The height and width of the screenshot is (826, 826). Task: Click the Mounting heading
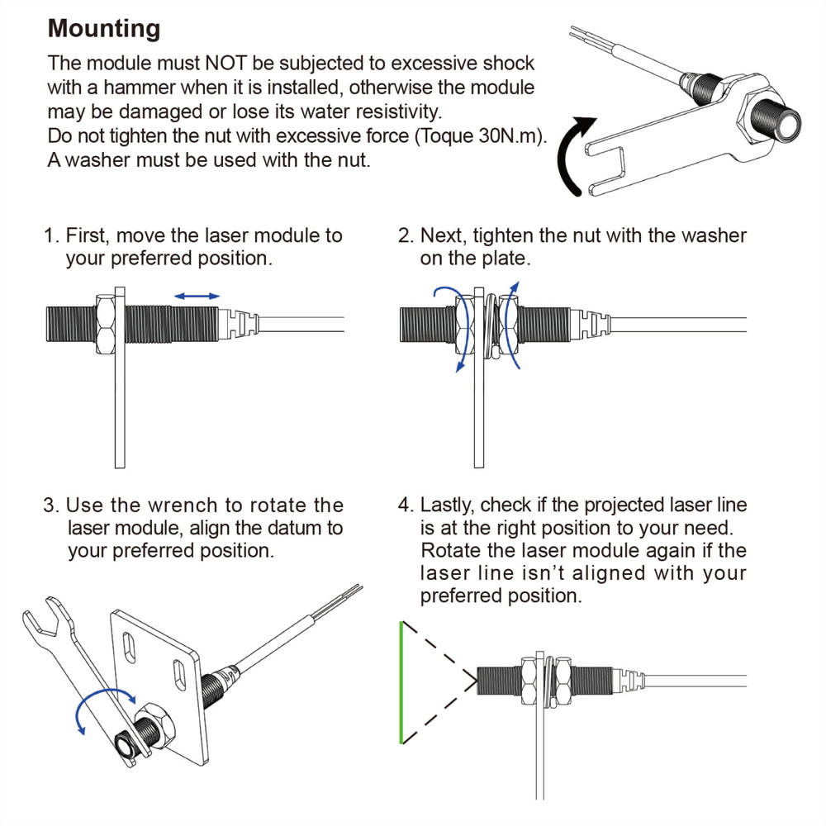[104, 29]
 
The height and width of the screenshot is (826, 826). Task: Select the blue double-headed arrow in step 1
[197, 295]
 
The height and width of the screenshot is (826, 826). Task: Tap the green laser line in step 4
[401, 682]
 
